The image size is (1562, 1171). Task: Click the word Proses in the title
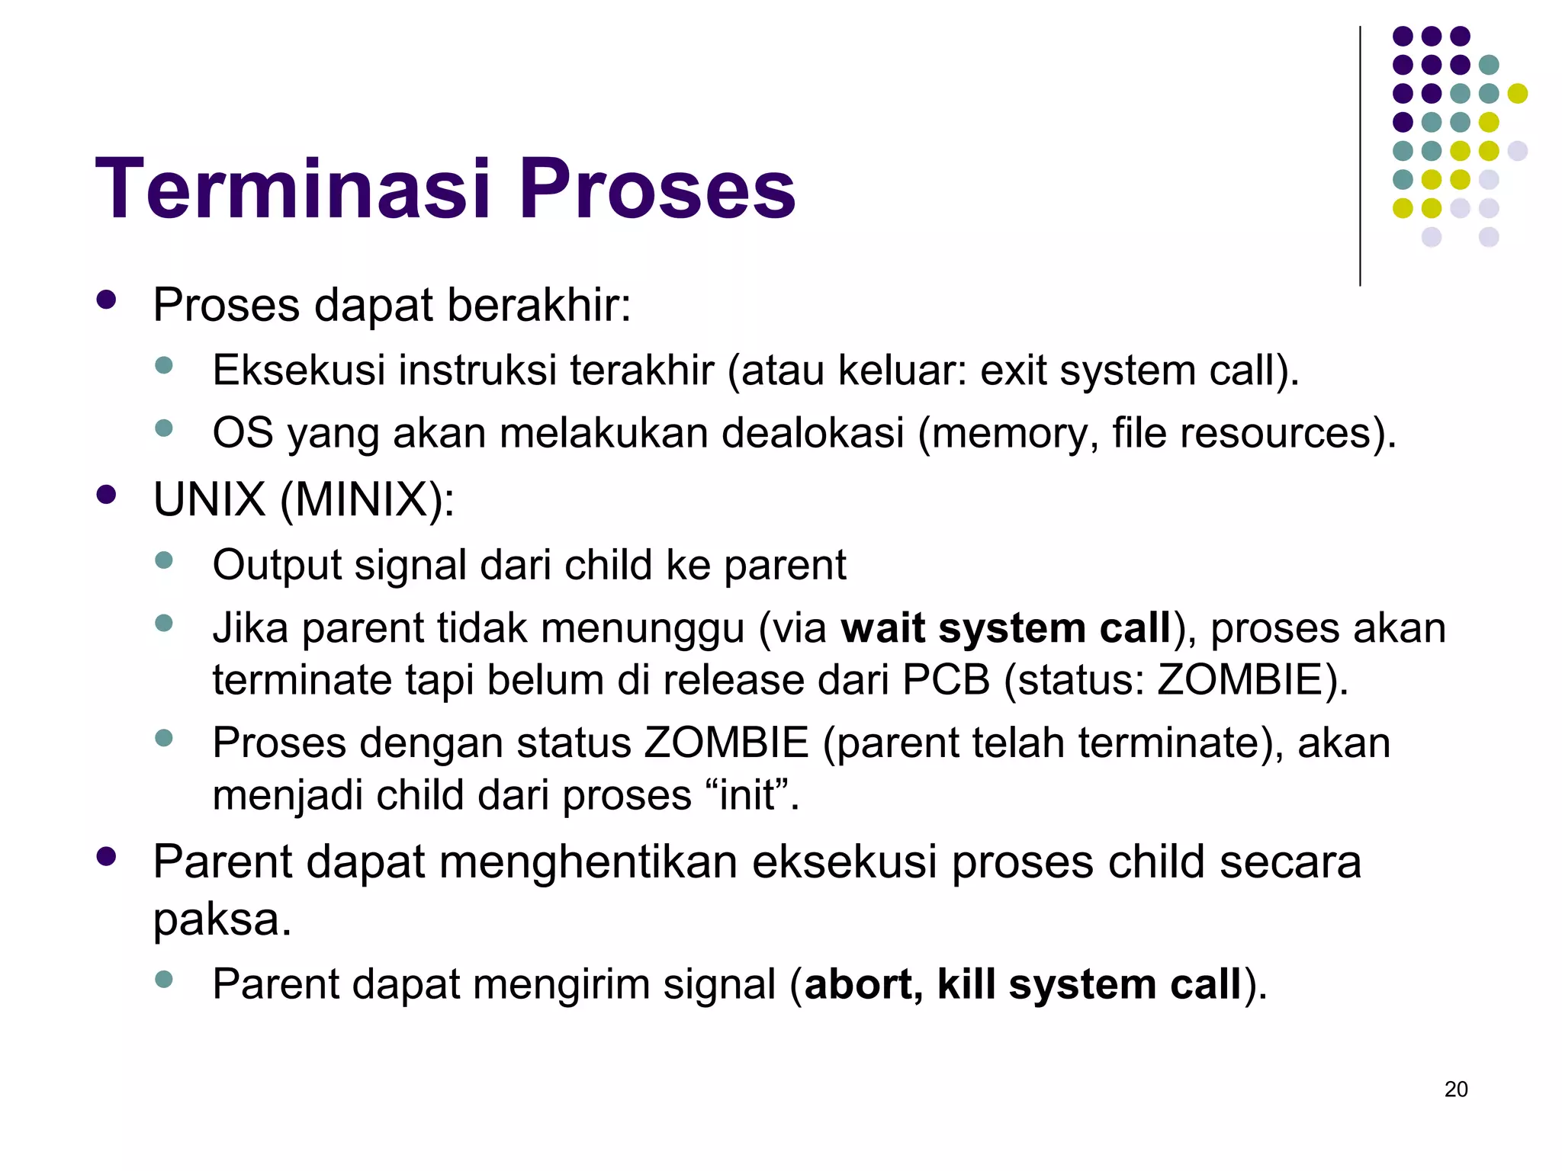coord(657,189)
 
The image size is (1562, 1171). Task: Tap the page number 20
coord(1455,1089)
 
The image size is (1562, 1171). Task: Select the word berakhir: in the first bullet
coord(538,305)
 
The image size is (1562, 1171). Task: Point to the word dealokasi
coord(812,433)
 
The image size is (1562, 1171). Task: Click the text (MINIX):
coord(367,500)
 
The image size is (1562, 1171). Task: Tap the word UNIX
coord(209,500)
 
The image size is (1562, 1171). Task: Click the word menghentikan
coord(587,862)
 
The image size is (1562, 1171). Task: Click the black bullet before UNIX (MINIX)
coord(106,496)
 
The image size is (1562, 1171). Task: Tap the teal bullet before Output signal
coord(163,561)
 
